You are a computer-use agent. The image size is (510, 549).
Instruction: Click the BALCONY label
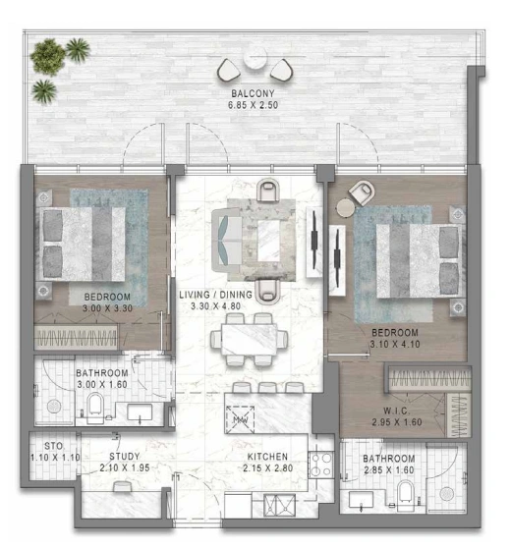point(253,93)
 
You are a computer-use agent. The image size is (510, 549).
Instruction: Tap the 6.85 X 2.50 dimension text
point(253,105)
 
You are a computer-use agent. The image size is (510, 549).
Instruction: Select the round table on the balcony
point(255,59)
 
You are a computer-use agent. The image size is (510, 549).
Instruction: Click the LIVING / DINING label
point(215,295)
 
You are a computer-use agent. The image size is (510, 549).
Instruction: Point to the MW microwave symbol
point(241,419)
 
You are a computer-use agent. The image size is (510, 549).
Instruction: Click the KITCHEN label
point(267,457)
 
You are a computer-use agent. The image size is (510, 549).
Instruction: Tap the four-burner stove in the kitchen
point(321,465)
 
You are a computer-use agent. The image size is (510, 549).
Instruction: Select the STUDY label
point(125,457)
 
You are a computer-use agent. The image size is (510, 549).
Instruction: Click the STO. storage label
point(54,446)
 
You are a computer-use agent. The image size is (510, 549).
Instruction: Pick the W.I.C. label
point(397,411)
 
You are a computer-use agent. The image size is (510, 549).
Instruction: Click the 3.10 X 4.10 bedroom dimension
point(395,344)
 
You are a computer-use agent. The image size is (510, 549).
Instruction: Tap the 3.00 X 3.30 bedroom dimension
point(107,308)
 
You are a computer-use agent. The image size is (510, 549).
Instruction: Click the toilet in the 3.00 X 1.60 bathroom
point(95,408)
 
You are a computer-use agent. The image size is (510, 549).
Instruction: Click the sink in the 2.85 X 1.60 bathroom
point(362,500)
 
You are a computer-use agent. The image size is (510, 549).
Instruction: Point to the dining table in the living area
point(249,340)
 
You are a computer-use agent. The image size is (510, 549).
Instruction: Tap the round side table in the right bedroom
point(345,208)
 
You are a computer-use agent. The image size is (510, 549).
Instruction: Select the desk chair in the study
point(123,486)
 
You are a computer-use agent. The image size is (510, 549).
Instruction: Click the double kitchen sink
point(279,505)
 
